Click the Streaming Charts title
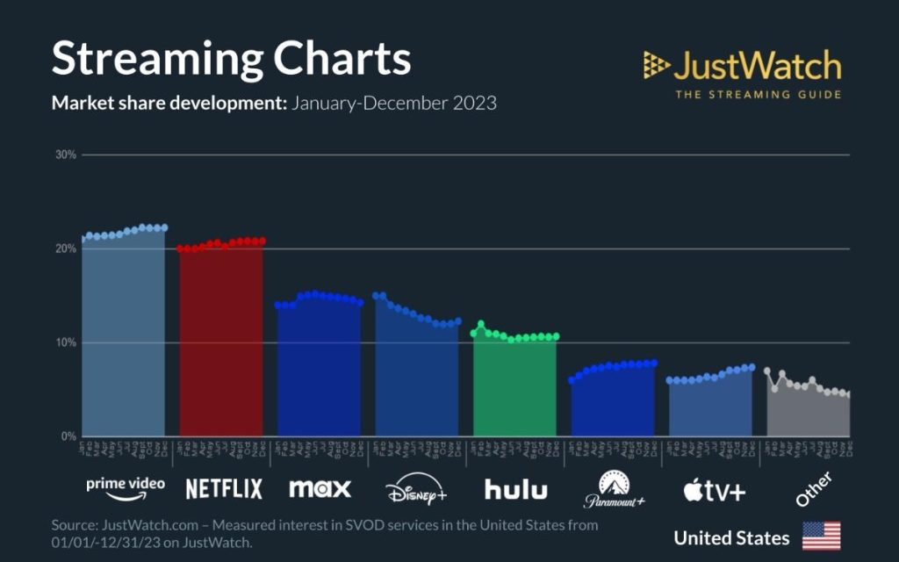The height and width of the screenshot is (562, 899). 231,59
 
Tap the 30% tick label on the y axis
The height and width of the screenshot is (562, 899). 67,155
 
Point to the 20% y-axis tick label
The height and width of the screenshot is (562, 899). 67,249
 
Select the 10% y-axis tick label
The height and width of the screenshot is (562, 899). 67,343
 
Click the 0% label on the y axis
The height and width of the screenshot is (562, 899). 69,436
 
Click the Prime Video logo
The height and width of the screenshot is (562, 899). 125,487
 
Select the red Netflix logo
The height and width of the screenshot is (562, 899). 223,489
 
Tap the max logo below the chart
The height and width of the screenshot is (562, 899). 320,488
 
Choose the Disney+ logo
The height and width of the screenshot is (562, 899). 416,490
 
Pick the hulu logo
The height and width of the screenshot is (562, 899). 515,489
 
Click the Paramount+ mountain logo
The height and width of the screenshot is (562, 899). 614,490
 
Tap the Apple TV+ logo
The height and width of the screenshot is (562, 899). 714,490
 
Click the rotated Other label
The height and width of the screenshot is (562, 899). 812,488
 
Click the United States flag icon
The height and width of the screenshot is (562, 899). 821,536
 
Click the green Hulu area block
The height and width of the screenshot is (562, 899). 514,386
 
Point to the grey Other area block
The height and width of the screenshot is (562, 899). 808,413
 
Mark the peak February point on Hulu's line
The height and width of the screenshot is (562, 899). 481,324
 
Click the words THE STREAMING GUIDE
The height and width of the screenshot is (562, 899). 757,94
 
